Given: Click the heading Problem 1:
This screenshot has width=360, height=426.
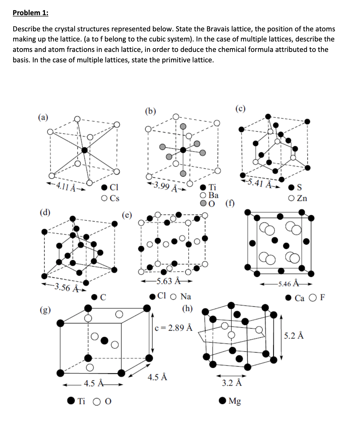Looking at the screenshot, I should [x=30, y=13].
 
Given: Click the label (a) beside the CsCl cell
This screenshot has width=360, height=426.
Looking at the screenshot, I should [x=43, y=117].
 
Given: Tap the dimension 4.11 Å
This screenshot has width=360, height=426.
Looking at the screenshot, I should [x=66, y=186].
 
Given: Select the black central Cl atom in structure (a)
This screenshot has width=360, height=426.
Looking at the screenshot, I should [x=84, y=150].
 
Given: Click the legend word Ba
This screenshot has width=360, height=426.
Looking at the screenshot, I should [x=214, y=195].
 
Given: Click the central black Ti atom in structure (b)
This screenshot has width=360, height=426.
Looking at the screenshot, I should [x=183, y=150].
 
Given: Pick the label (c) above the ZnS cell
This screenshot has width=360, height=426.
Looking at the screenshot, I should [x=240, y=109].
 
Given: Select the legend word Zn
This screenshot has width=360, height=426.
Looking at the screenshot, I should [x=302, y=198].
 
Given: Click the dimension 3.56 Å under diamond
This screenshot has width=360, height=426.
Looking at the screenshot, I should [x=65, y=288].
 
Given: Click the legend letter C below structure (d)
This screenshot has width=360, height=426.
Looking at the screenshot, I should [x=103, y=297].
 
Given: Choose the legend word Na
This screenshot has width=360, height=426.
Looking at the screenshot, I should [x=186, y=297].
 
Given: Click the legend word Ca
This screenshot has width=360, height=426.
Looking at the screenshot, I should [x=300, y=298].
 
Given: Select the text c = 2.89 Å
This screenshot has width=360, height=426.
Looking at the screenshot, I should [x=174, y=328].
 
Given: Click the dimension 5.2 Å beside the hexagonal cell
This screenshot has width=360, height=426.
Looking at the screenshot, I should [x=294, y=335].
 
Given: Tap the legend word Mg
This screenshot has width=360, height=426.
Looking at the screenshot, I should [x=235, y=401].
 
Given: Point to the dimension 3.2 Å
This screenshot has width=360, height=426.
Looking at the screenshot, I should [x=232, y=383].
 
